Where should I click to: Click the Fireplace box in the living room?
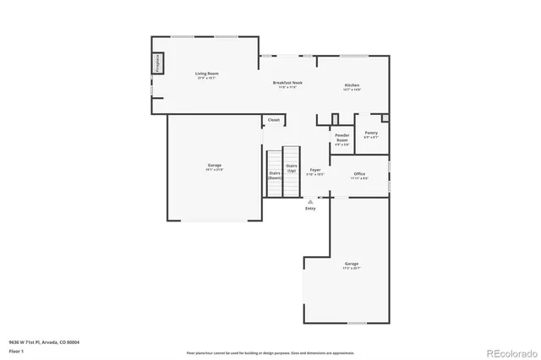[157, 63]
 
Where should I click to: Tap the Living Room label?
[207, 74]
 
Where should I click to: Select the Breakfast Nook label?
[287, 82]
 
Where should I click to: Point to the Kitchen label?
[352, 85]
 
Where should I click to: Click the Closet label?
[274, 120]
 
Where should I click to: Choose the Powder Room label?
[342, 137]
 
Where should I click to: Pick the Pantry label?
[371, 133]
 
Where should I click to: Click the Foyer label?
[314, 170]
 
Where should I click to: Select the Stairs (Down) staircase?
[275, 173]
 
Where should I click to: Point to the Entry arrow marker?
[310, 201]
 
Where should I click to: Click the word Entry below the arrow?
[310, 208]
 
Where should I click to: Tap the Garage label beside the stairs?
[215, 165]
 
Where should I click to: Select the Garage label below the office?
[351, 265]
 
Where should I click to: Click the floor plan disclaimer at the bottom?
[270, 352]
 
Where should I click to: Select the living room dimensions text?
[207, 79]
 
